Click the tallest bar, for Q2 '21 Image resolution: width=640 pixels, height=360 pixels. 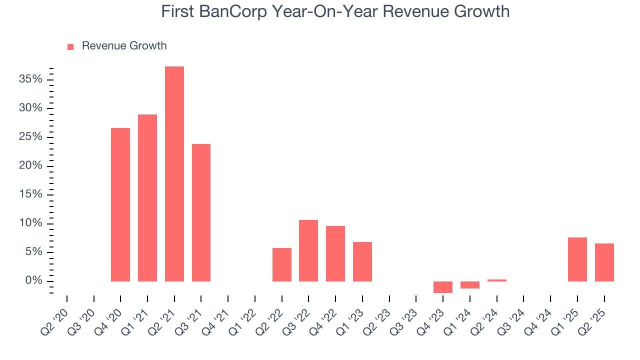[x=174, y=174]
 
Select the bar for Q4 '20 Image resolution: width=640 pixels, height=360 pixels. [x=120, y=204]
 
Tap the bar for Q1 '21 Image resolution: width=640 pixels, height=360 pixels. [x=147, y=198]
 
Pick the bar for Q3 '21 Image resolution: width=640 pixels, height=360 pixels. [x=201, y=212]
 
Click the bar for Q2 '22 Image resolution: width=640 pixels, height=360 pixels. [x=281, y=264]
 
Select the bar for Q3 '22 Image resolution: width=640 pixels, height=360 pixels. [x=308, y=250]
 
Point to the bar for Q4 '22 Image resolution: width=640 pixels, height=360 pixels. [x=335, y=253]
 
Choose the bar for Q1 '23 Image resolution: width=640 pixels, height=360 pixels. [x=362, y=261]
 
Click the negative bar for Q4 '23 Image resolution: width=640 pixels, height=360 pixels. [x=443, y=287]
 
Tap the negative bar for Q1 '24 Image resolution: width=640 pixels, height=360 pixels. [x=470, y=285]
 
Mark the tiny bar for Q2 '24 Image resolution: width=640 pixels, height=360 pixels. [x=497, y=280]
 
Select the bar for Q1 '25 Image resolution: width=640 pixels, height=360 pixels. [x=577, y=259]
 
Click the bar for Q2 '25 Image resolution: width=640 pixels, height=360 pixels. [x=604, y=262]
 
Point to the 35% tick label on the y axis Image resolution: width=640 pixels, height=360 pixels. [x=30, y=79]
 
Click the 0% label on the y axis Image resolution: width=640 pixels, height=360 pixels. [x=33, y=281]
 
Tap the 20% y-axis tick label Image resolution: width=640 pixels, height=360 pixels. [x=30, y=166]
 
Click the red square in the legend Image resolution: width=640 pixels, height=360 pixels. [x=70, y=46]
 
